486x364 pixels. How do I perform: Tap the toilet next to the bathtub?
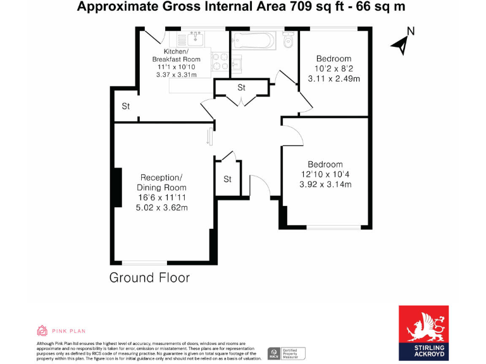point(289,41)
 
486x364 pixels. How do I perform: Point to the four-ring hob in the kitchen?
point(220,61)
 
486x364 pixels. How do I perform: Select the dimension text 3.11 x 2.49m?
point(333,79)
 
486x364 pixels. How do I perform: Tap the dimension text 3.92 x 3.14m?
point(325,185)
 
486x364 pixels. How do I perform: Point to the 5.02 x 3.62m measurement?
point(162,208)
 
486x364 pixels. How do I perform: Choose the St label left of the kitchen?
point(126,107)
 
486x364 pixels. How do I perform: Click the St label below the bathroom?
point(241,88)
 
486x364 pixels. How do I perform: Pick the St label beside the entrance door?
point(228,179)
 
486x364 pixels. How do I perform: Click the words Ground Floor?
point(149,277)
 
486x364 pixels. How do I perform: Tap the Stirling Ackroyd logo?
point(423,332)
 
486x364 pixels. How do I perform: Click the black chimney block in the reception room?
point(116,188)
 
